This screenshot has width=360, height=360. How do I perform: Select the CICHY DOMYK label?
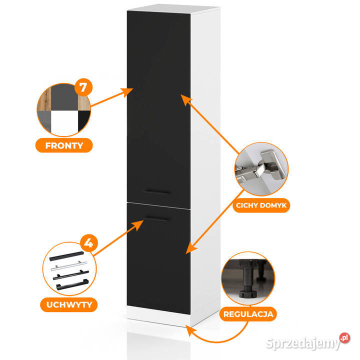coord(263,204)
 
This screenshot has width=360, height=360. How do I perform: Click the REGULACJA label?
coord(249,314)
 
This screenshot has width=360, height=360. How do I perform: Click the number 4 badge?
coord(88,243)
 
